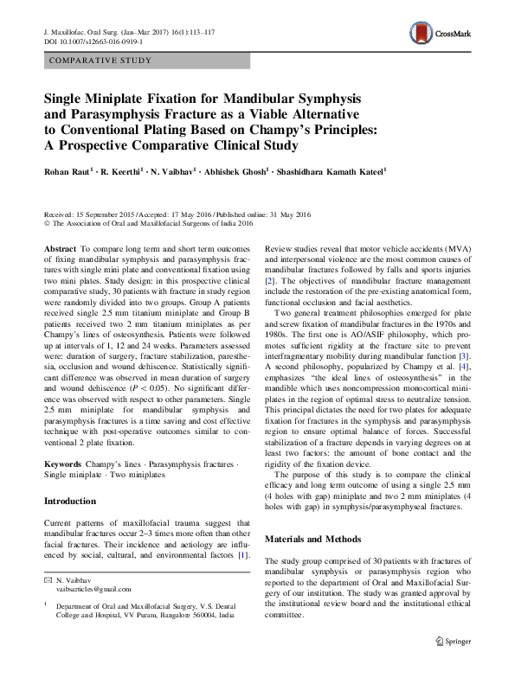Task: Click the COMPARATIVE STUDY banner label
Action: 101,61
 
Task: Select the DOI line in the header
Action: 100,41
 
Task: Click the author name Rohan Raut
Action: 68,172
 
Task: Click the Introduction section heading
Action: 69,501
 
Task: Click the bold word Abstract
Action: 60,248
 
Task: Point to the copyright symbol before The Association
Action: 47,222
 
